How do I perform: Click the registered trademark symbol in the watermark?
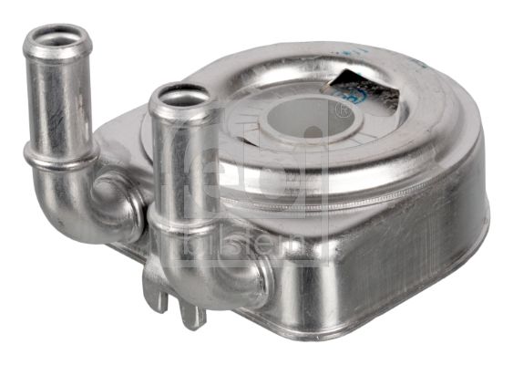[x=343, y=110]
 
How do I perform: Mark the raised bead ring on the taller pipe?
[x=62, y=157]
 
